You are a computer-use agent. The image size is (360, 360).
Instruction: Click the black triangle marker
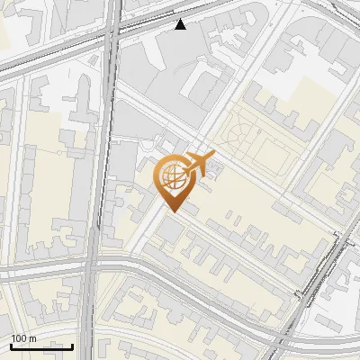coord(181,24)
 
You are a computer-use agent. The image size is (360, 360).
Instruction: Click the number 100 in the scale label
coord(20,338)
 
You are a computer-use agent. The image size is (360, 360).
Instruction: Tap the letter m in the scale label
coord(33,338)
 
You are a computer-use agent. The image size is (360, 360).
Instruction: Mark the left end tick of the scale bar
coord(11,346)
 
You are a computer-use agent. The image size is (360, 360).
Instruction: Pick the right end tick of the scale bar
coord(72,346)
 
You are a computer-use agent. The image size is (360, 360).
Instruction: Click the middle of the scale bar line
coord(41,347)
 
